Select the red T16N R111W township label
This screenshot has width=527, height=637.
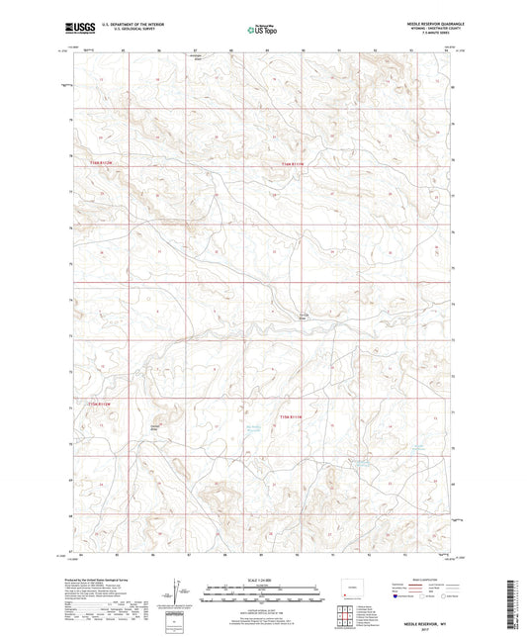[295, 162]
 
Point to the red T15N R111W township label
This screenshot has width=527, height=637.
[295, 404]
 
